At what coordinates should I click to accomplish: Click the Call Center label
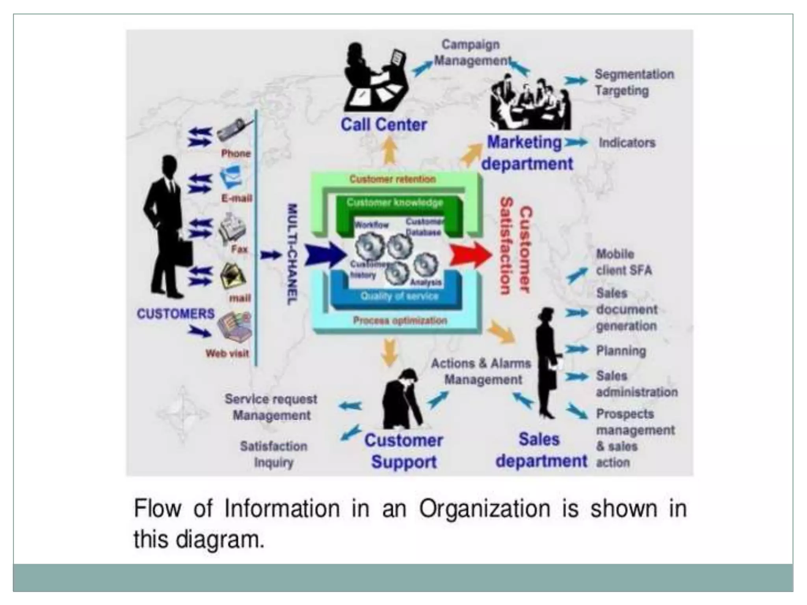coord(383,125)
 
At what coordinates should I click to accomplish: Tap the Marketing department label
coord(527,153)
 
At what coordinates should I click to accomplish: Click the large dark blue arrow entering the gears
coord(324,255)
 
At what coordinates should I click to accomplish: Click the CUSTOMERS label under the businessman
coord(175,314)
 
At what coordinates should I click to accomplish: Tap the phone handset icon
coord(234,130)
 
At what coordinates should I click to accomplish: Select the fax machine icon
coord(233,228)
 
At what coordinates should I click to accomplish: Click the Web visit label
coord(227,353)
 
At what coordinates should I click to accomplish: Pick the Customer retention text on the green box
coord(392,179)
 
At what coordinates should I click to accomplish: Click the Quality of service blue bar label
coord(399,296)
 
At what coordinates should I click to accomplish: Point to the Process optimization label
coord(400,321)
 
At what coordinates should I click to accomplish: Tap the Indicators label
coord(627,143)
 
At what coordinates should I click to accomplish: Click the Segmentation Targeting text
coord(633,82)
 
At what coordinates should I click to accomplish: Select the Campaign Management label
coord(471,53)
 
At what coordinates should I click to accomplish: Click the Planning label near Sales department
coord(621,351)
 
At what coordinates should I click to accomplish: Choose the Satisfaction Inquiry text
coord(274,454)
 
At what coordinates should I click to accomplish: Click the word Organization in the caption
coord(484,508)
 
